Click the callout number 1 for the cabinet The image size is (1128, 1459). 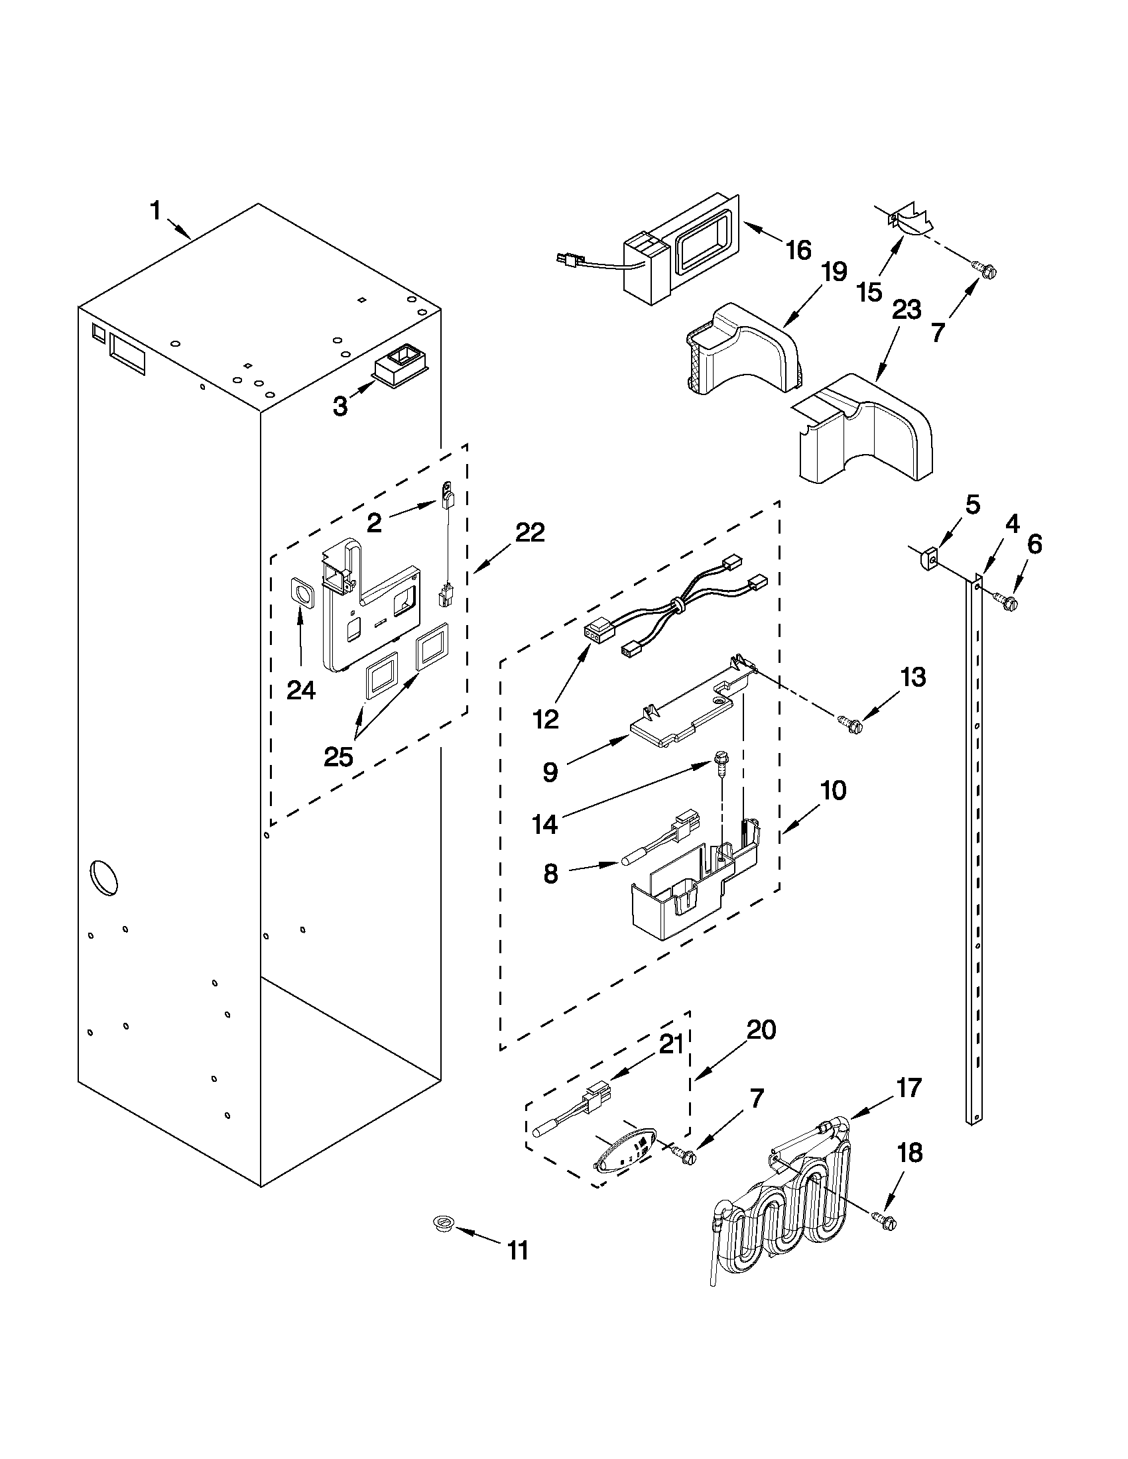[x=155, y=211]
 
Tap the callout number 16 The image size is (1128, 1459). [x=798, y=251]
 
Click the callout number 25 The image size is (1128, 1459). [x=338, y=757]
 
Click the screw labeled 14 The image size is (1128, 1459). [x=720, y=761]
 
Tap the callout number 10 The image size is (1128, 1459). [x=833, y=790]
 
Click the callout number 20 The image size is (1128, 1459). [x=761, y=1030]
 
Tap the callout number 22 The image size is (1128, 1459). [x=530, y=532]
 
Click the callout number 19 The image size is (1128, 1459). [x=832, y=272]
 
